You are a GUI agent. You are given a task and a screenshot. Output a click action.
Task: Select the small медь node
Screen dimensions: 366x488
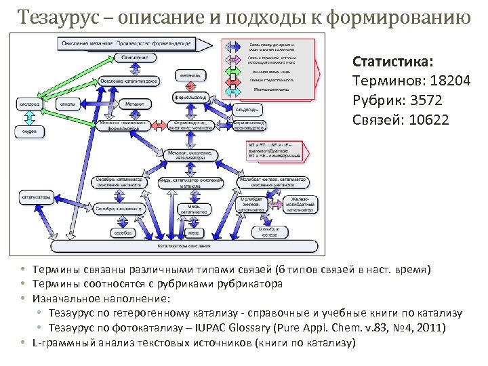tap(193, 232)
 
